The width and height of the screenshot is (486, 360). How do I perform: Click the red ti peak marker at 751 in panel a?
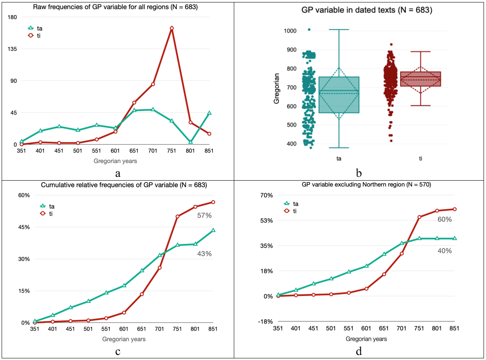pos(172,28)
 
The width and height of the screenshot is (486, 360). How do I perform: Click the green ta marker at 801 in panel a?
pos(191,141)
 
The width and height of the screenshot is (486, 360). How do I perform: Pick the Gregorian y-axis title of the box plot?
pos(277,88)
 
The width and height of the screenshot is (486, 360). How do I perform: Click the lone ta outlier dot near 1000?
pos(309,29)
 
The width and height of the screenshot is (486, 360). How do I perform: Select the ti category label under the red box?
pos(421,158)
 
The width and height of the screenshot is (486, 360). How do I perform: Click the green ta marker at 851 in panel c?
pos(213,230)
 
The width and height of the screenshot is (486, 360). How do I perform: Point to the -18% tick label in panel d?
pos(265,321)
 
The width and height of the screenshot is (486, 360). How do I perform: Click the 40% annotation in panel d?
pos(444,251)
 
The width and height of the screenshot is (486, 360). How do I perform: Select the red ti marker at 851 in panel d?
pos(454,209)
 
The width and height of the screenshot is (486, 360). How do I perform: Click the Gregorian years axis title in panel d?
pos(366,339)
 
